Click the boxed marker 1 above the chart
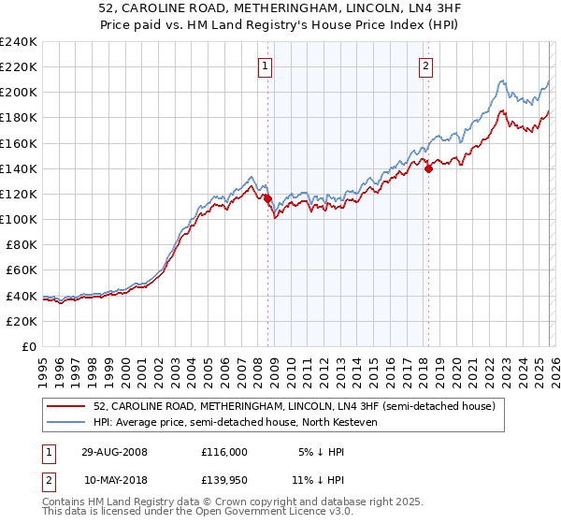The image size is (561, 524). click(x=266, y=65)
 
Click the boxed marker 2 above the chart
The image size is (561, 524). click(x=426, y=65)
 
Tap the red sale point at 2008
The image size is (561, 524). click(x=267, y=199)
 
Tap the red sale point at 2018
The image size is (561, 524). click(x=428, y=169)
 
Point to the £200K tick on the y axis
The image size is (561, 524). click(x=19, y=93)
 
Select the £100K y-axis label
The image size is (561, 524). click(x=19, y=219)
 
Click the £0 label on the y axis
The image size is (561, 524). click(x=29, y=346)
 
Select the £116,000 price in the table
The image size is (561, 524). click(x=224, y=451)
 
